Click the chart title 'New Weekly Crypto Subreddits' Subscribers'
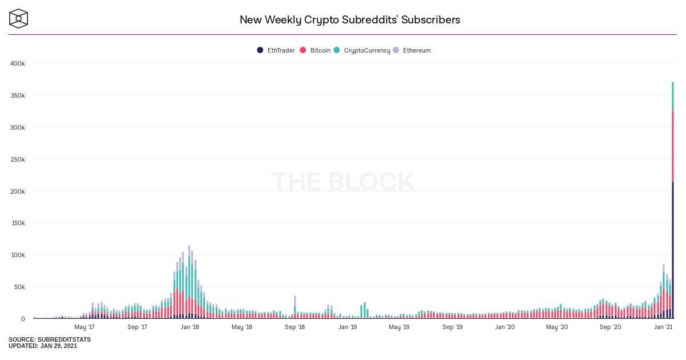click(x=349, y=19)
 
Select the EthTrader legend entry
click(x=281, y=50)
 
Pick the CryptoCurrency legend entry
click(x=366, y=50)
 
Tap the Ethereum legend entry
click(x=416, y=50)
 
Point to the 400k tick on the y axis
click(x=17, y=63)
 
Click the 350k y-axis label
click(x=17, y=95)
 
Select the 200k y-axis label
click(x=17, y=191)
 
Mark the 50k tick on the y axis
click(x=19, y=287)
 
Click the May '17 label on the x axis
click(x=85, y=327)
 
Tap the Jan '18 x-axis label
click(x=190, y=327)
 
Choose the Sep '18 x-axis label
click(x=294, y=327)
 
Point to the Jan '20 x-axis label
click(x=505, y=327)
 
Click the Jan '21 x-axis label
click(x=663, y=327)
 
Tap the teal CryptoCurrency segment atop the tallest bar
click(x=673, y=97)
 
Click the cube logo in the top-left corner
click(x=19, y=18)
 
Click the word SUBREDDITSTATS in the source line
click(x=64, y=339)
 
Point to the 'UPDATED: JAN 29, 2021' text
click(x=42, y=346)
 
